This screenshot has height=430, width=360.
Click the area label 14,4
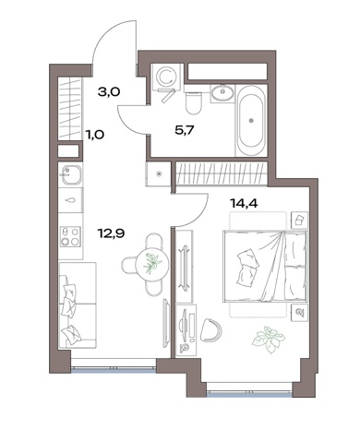244,203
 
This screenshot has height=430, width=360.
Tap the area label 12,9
111,233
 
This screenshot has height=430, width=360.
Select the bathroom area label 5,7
184,131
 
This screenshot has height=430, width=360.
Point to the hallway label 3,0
109,91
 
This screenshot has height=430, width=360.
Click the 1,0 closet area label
95,135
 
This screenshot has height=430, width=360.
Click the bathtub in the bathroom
251,121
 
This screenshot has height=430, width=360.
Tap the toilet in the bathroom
194,102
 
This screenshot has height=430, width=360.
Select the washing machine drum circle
165,75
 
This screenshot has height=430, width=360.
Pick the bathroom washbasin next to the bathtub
222,92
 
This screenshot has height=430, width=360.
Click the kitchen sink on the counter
71,174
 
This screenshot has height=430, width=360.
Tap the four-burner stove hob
70,236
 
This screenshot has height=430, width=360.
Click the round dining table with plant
152,264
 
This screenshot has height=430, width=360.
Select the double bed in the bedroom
265,266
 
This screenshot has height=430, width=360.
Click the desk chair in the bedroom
210,330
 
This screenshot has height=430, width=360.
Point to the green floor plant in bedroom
269,340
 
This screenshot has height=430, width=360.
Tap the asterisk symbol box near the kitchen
159,173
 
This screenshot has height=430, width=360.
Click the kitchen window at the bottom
114,369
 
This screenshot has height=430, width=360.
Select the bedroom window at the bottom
249,393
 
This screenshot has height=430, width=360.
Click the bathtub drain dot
252,121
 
